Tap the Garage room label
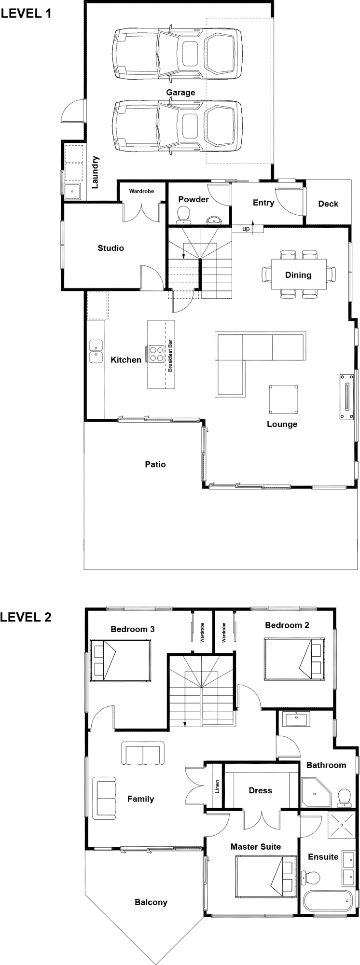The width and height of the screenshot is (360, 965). pyautogui.click(x=180, y=92)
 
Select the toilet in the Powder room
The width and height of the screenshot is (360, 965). pyautogui.click(x=183, y=215)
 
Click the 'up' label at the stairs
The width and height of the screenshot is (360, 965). pyautogui.click(x=246, y=229)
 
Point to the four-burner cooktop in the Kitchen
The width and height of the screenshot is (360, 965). pyautogui.click(x=157, y=354)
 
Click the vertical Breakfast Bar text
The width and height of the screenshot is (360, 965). pyautogui.click(x=170, y=356)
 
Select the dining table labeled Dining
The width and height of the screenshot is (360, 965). pyautogui.click(x=298, y=275)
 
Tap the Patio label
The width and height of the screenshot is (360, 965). pyautogui.click(x=155, y=464)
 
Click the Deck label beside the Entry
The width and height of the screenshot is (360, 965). pyautogui.click(x=328, y=204)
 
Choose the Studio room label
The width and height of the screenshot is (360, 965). pyautogui.click(x=111, y=248)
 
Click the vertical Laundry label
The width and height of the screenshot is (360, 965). pyautogui.click(x=96, y=172)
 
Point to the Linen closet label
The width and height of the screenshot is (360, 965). pyautogui.click(x=217, y=786)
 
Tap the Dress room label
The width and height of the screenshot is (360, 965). pyautogui.click(x=260, y=790)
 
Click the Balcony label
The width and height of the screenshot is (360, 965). pyautogui.click(x=151, y=902)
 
